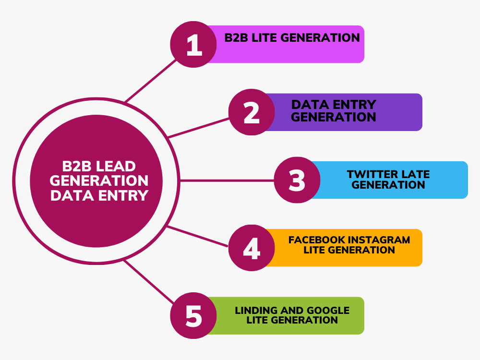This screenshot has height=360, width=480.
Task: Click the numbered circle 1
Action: [x=193, y=44]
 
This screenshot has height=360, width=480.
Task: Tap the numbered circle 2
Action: [x=252, y=112]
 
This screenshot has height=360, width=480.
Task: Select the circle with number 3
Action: [x=297, y=180]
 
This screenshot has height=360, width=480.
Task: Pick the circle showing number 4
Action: [x=252, y=248]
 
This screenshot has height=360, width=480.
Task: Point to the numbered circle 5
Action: [x=193, y=315]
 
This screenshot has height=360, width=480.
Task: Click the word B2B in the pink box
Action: [x=236, y=37]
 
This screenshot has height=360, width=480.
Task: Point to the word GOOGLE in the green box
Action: [x=328, y=310]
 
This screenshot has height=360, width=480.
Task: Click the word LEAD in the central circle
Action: [x=116, y=166]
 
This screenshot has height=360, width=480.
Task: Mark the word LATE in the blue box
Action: [x=415, y=174]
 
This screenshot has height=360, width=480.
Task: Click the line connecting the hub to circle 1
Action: [x=151, y=81]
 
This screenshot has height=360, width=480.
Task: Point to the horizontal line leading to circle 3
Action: [x=227, y=180]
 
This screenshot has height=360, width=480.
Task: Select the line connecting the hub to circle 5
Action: [x=149, y=282]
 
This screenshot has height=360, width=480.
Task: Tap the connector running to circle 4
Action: [x=197, y=236]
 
